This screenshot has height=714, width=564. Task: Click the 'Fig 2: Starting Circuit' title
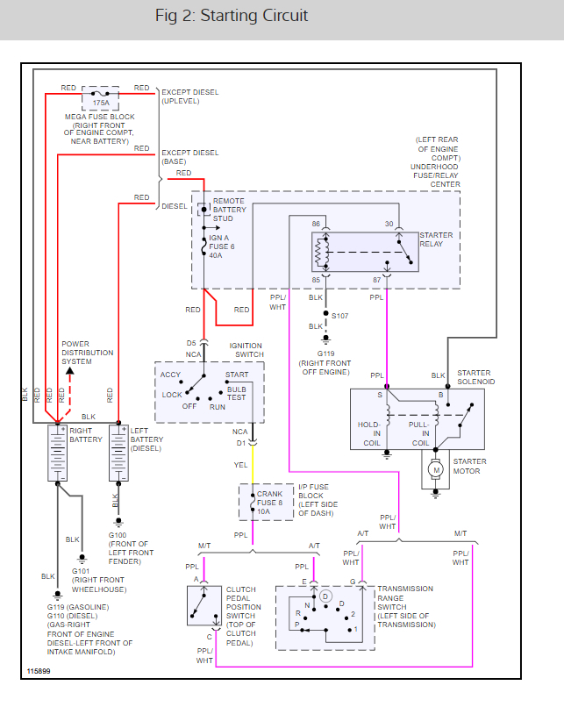[x=232, y=16]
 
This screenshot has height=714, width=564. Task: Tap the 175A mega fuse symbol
[x=100, y=98]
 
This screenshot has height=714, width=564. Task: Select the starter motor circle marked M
[x=436, y=469]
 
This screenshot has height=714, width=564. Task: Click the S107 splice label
[x=339, y=316]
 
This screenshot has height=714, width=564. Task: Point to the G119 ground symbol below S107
[x=325, y=339]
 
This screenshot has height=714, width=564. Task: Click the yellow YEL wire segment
[x=253, y=465]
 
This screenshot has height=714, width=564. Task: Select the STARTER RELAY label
[x=436, y=239]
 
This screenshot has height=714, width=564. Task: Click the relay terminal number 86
[x=316, y=224]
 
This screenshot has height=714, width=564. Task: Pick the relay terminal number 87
[x=377, y=280]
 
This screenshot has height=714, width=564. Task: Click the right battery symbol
[x=57, y=453]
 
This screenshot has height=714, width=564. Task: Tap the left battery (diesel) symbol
[x=118, y=453]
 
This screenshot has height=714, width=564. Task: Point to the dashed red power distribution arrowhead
[x=69, y=371]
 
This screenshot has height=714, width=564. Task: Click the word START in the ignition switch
[x=237, y=375]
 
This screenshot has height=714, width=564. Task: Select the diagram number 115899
[x=39, y=671]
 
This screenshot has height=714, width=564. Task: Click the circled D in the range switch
[x=325, y=596]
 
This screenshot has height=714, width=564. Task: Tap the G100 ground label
[x=117, y=535]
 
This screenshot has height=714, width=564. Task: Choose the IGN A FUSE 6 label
[x=222, y=246]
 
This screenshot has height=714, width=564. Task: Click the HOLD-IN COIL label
[x=369, y=433]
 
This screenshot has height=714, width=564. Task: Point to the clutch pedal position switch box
[x=203, y=605]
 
